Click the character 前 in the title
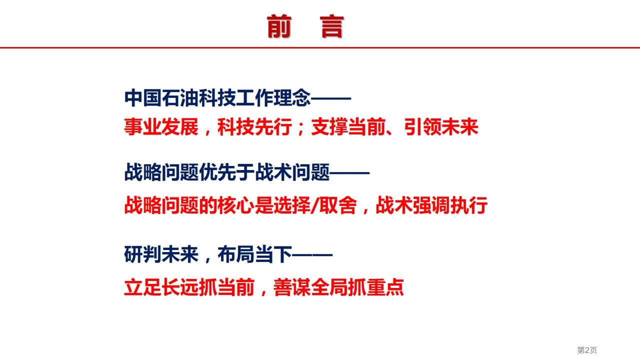tap(279, 26)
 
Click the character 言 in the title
tap(331, 26)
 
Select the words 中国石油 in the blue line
tap(161, 98)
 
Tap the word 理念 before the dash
tap(292, 98)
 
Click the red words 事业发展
tap(161, 126)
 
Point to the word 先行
tap(273, 126)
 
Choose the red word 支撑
tap(329, 126)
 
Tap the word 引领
tap(422, 126)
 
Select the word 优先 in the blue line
tap(217, 172)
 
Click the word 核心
tap(236, 205)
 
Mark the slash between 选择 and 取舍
tap(315, 205)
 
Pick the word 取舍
tap(337, 205)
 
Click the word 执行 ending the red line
tap(468, 205)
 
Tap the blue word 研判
tap(142, 254)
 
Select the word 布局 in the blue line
tap(236, 254)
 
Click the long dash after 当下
tap(312, 254)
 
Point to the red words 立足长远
tap(161, 287)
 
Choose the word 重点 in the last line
tap(385, 287)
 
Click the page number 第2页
tap(587, 350)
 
